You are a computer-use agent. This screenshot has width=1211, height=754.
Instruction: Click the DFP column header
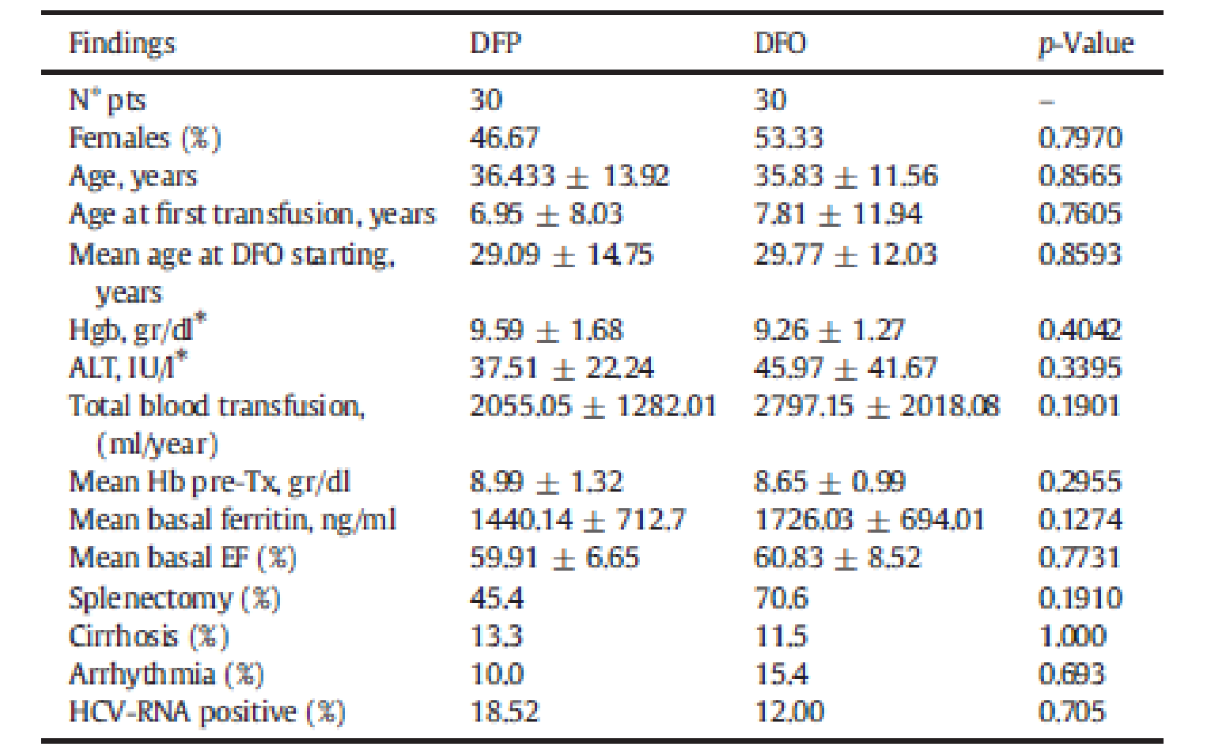[x=495, y=42]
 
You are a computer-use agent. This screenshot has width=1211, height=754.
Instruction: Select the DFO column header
[x=780, y=42]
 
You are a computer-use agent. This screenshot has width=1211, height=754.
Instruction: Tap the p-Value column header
[x=1085, y=42]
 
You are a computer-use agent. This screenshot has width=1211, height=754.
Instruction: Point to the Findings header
[x=122, y=42]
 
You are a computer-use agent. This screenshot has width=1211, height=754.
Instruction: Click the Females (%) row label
[x=145, y=138]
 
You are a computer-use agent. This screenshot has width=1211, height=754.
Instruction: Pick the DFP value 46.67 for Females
[x=504, y=138]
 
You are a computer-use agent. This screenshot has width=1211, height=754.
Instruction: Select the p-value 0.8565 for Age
[x=1080, y=175]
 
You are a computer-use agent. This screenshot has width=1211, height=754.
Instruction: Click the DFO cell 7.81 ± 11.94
[x=838, y=214]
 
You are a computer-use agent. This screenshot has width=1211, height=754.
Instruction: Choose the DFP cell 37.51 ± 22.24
[x=562, y=368]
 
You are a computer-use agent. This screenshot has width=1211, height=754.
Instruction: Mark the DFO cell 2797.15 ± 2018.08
[x=876, y=406]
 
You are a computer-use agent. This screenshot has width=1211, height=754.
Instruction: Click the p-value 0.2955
[x=1080, y=482]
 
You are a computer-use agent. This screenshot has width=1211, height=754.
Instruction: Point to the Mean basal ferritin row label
[x=233, y=520]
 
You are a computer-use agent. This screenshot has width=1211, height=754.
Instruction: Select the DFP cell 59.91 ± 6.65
[x=554, y=558]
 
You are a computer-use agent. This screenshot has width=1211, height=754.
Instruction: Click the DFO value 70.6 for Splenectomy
[x=781, y=598]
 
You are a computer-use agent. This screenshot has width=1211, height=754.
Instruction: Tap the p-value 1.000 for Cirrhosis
[x=1072, y=636]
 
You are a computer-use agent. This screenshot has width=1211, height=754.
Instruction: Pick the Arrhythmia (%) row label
[x=166, y=674]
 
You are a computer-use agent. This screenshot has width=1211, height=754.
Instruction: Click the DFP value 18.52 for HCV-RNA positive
[x=504, y=712]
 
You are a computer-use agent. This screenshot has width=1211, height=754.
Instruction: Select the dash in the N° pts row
[x=1046, y=101]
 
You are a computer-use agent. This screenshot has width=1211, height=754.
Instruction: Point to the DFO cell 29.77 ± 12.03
[x=845, y=254]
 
